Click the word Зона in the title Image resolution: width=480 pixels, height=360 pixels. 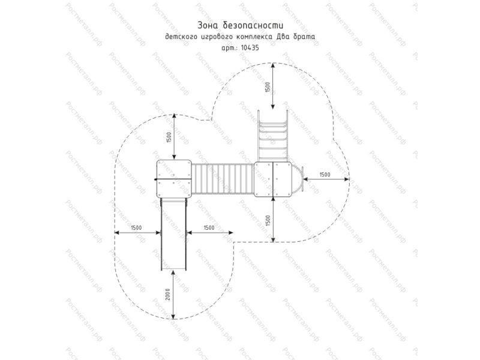click(x=208, y=25)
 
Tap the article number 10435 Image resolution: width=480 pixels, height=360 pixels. click(x=250, y=48)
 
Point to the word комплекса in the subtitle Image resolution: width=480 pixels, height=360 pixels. click(x=256, y=37)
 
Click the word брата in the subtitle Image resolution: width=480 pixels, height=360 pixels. click(x=303, y=37)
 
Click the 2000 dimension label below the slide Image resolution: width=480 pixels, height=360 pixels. click(x=168, y=294)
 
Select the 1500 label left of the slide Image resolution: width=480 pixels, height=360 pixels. click(x=137, y=228)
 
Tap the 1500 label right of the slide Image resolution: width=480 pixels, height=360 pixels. click(x=209, y=228)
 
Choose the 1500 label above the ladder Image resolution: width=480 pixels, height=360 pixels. click(x=268, y=88)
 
